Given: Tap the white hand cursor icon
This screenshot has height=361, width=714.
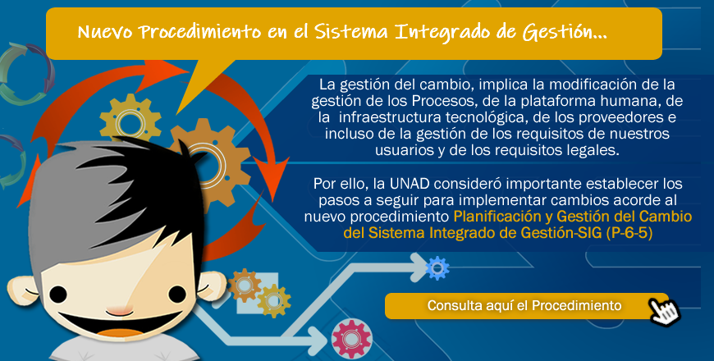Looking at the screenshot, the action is click(x=666, y=312).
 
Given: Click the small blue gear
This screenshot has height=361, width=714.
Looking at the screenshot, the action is click(x=437, y=268).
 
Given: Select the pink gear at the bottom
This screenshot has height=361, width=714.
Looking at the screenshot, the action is click(x=351, y=339).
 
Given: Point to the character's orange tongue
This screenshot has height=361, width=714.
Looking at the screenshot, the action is click(x=119, y=333).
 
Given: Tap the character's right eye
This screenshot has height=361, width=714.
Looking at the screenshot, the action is click(x=177, y=294).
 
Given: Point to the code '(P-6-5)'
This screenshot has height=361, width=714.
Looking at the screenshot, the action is click(x=629, y=233).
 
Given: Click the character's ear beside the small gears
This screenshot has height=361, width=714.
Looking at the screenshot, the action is click(x=211, y=288).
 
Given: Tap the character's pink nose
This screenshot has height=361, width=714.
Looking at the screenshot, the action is click(x=119, y=312).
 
